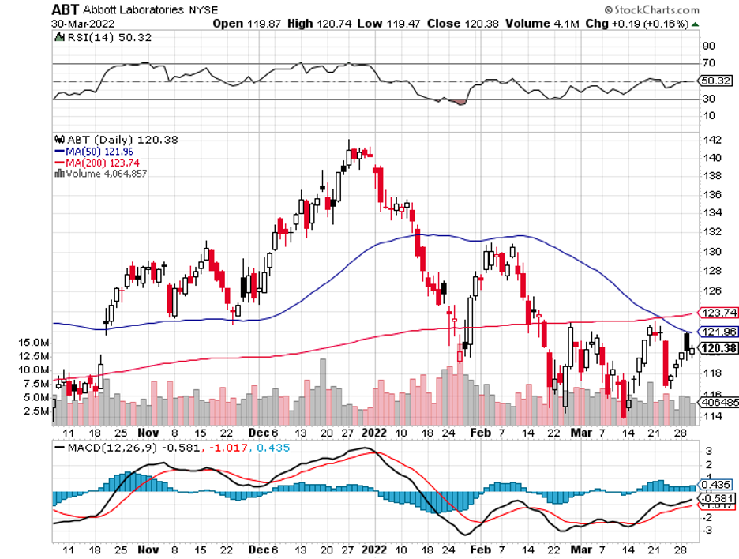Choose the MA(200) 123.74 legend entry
click(97, 162)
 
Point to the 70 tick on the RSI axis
click(709, 63)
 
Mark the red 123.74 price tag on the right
click(716, 313)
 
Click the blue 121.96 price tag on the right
click(716, 331)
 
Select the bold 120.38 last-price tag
click(716, 348)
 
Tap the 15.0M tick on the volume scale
click(36, 342)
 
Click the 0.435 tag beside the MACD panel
click(716, 486)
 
